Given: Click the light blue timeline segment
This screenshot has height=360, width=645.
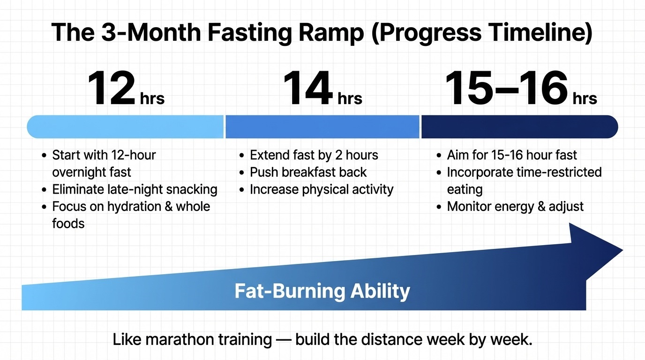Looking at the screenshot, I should [x=125, y=127].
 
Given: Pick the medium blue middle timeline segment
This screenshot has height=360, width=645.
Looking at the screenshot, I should [x=322, y=127].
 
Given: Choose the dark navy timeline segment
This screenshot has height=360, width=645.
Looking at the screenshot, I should [x=519, y=127].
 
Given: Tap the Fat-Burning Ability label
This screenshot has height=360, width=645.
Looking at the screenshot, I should [x=322, y=291].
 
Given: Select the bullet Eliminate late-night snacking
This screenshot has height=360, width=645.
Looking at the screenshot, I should [x=135, y=189].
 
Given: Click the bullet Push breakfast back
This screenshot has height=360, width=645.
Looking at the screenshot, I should [x=308, y=172].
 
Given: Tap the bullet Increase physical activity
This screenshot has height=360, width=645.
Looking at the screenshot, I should [x=321, y=189].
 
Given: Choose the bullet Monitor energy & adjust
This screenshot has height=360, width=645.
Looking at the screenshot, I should [x=515, y=206].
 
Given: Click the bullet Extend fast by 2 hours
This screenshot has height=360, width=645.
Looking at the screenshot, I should [x=314, y=155].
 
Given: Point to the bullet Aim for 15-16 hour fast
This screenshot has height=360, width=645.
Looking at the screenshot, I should [x=512, y=155].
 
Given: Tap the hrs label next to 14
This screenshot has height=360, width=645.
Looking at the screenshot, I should [x=350, y=99].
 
